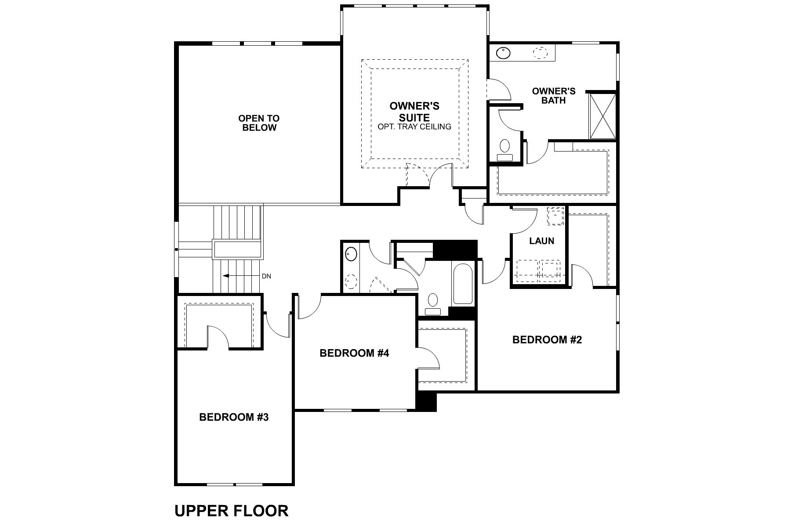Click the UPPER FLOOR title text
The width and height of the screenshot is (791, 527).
coord(231,511)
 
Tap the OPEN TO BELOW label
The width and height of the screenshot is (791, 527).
coord(259,123)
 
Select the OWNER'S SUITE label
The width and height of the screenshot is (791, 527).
coord(414,112)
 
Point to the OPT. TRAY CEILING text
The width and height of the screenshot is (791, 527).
coord(414,127)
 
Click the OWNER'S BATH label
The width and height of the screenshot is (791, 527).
coord(553,95)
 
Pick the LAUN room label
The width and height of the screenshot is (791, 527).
coord(541,241)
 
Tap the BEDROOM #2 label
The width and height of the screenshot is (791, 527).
coord(547,339)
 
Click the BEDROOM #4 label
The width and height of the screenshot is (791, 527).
coord(354,353)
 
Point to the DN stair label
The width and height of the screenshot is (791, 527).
coord(266,276)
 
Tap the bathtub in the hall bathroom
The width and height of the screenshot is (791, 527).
coord(462,283)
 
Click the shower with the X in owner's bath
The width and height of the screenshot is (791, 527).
coord(602,116)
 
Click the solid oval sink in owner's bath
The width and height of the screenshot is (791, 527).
coord(503,53)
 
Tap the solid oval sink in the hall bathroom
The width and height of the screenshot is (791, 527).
coord(351,254)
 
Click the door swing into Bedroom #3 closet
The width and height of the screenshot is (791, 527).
coord(218,336)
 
